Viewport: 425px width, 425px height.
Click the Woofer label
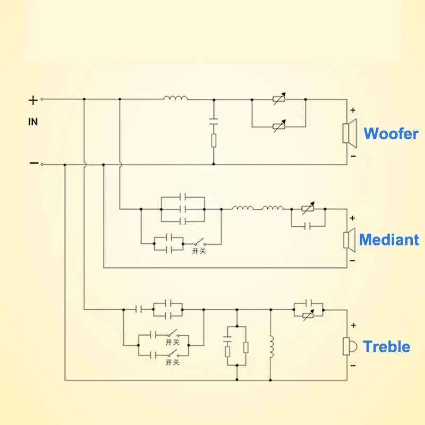point(390,133)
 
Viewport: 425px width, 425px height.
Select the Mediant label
point(389,240)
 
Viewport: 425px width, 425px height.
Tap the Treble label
point(386,347)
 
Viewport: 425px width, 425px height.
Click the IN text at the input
point(33,122)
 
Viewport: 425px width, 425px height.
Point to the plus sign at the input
point(33,99)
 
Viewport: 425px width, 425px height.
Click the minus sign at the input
point(33,163)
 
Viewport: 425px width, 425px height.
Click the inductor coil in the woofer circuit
point(175,98)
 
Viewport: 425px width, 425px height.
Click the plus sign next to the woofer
point(352,111)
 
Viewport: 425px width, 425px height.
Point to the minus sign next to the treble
point(352,367)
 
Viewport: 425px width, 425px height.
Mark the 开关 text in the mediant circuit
point(199,251)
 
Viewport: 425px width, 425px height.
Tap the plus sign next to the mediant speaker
point(352,218)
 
